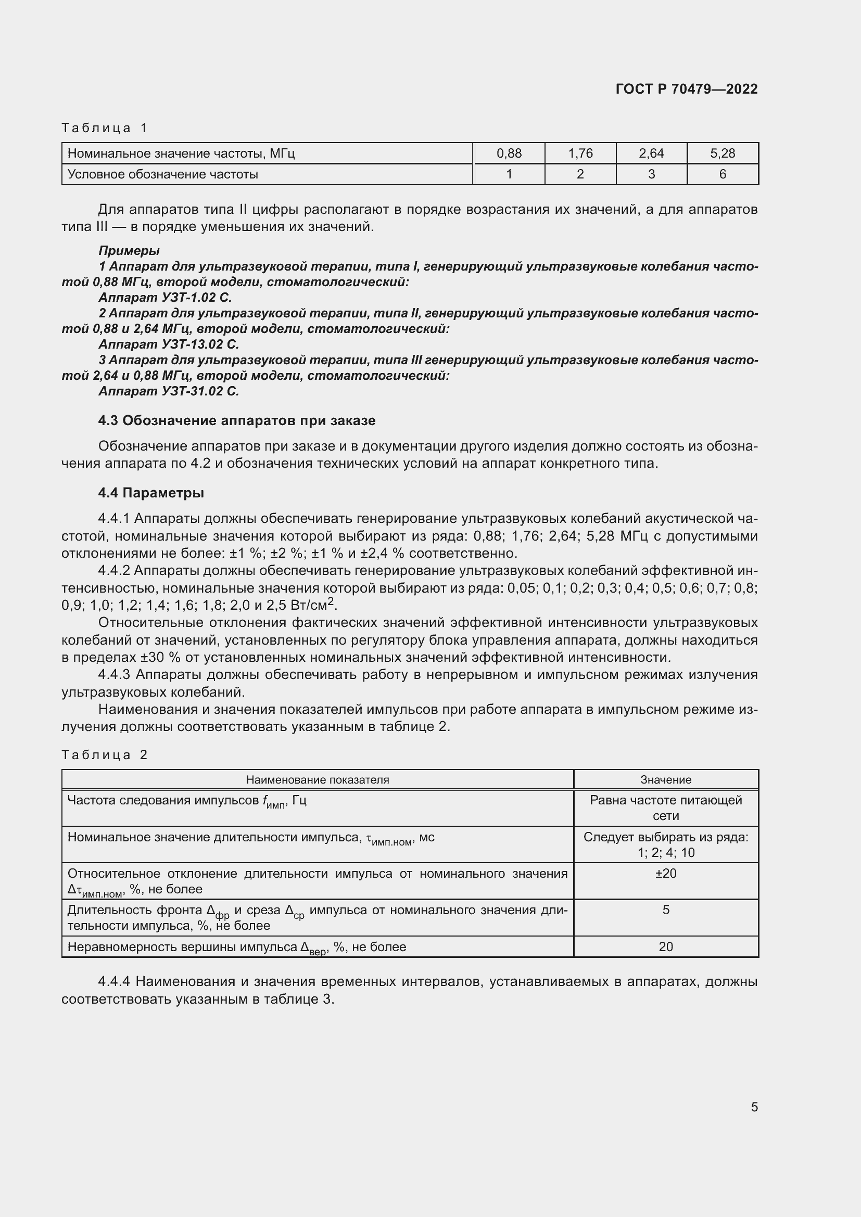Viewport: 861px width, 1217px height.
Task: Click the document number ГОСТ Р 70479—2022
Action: coord(686,89)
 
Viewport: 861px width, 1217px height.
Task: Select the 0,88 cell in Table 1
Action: coord(509,153)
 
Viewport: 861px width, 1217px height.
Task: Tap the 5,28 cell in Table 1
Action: coord(722,153)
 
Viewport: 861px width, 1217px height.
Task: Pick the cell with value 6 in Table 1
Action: coord(722,174)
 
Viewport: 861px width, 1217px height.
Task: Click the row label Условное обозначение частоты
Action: coord(163,174)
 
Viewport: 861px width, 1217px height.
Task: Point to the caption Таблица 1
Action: coord(104,128)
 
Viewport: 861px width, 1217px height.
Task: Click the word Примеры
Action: coord(129,251)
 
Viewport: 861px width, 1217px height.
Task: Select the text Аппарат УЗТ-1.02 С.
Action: coord(165,298)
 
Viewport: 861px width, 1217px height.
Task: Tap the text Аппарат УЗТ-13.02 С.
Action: coord(169,344)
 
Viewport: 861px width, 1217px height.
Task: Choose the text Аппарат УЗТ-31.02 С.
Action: coord(169,391)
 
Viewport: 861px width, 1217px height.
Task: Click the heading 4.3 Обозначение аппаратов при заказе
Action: coord(236,421)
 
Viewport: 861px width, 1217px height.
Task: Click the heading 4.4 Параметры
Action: coord(151,493)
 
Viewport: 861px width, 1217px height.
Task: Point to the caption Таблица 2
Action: coord(104,755)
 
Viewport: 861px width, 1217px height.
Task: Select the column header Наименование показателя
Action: coord(317,780)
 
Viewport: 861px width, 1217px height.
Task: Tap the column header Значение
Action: coord(665,780)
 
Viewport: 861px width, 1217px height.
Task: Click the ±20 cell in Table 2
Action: coord(665,874)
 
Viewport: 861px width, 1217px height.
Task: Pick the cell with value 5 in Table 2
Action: coord(665,910)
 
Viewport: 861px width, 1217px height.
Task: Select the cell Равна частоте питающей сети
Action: coord(665,808)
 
